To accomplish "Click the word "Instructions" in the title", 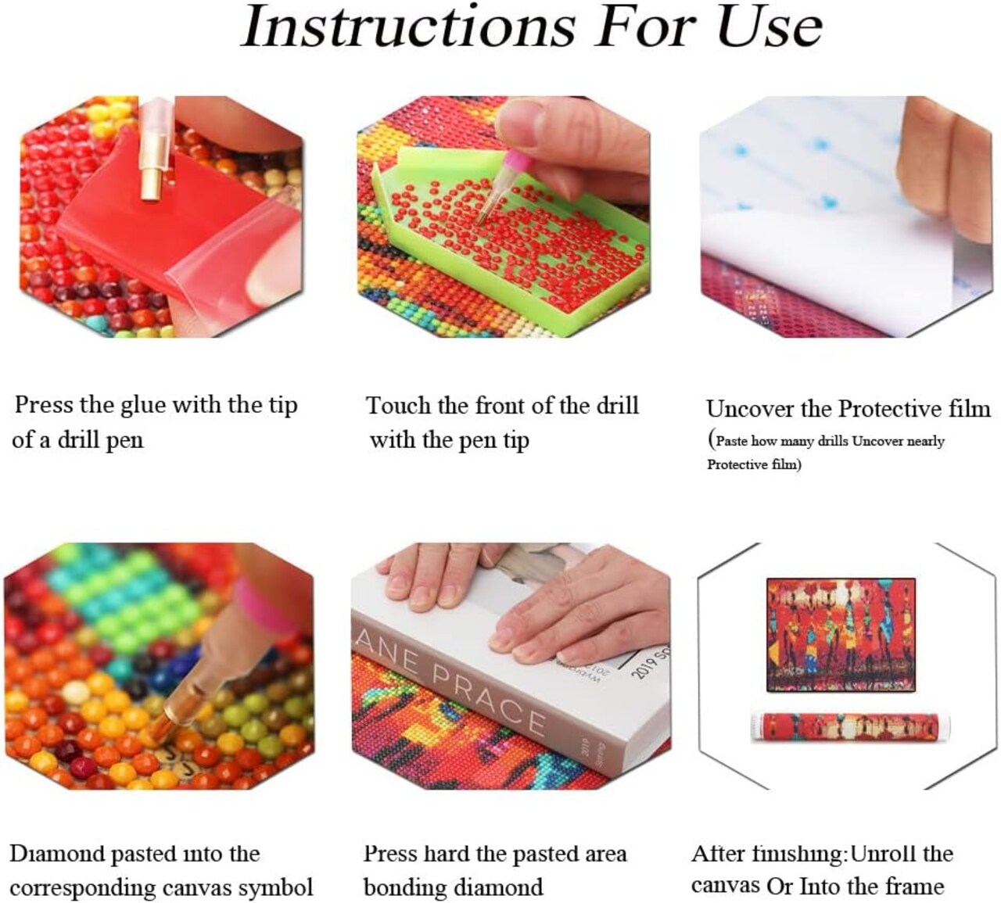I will click(x=407, y=27).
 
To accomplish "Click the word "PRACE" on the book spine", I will click(x=488, y=703).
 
